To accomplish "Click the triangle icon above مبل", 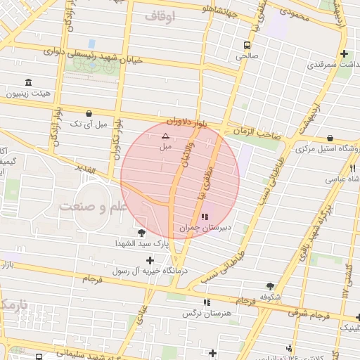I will coord(165,135).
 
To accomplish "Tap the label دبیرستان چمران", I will coord(205,228).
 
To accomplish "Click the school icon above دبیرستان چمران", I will coord(205,217).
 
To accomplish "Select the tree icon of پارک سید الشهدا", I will coord(143,232).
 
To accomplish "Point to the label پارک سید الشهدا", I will coord(143,243).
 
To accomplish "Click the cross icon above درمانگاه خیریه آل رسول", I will coord(149,260).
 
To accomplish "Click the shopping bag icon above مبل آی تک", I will coord(89,113).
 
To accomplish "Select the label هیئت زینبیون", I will coord(28,93).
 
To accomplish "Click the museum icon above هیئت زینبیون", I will coord(28,82).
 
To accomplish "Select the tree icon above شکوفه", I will coord(271,286).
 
